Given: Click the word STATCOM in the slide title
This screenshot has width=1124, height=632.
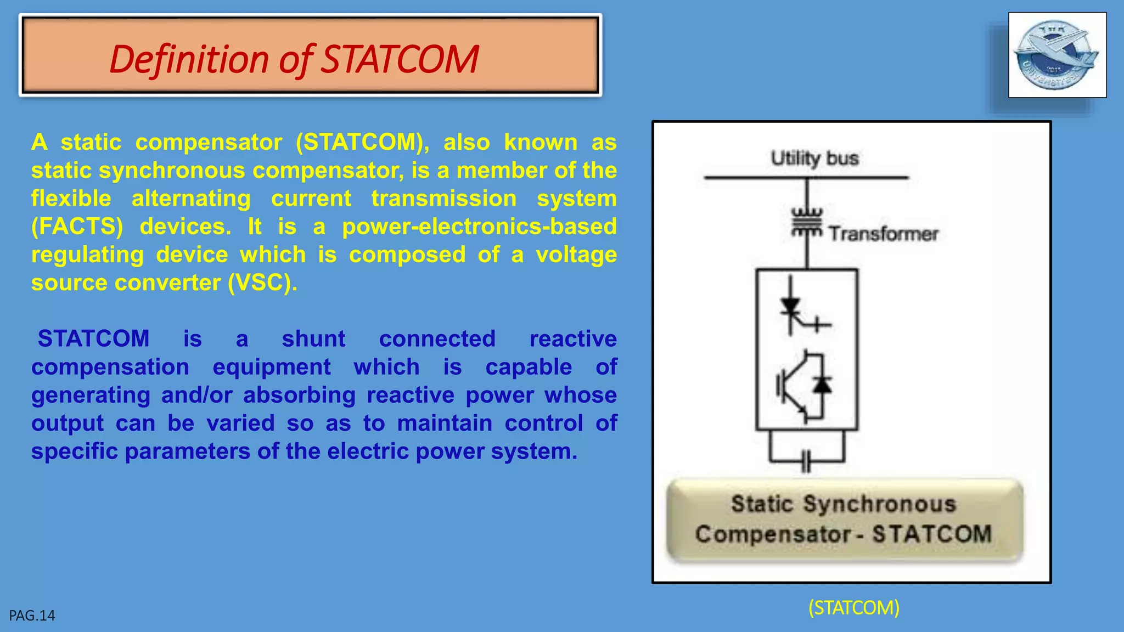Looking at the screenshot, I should (x=400, y=59).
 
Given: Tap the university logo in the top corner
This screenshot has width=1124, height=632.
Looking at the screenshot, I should (x=1056, y=55).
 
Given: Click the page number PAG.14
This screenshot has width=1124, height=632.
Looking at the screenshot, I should (x=32, y=616).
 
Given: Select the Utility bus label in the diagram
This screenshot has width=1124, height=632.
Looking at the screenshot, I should (x=814, y=159).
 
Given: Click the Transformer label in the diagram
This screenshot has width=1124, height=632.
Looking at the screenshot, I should (x=883, y=234).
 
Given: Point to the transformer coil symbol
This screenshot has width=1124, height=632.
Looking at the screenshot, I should (x=806, y=223).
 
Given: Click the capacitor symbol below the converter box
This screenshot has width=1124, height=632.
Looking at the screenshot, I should (x=806, y=461).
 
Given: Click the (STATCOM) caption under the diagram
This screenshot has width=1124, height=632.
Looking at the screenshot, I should (x=853, y=608).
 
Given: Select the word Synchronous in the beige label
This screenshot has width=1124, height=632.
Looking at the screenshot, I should (x=880, y=504).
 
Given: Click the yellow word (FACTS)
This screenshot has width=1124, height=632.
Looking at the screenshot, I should (x=77, y=227).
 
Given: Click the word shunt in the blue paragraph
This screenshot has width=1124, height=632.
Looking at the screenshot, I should (x=313, y=339).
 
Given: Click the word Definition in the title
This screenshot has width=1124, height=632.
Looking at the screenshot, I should (x=189, y=59).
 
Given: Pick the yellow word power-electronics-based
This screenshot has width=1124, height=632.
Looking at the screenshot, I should (x=479, y=227).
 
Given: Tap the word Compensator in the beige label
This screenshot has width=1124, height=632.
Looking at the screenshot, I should (x=772, y=534).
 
